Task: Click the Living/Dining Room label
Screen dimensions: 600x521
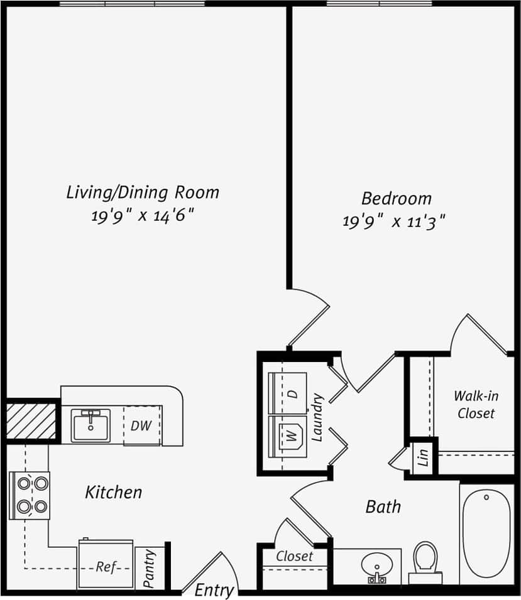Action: tap(143, 192)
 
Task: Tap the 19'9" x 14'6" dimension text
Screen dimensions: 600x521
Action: tap(142, 216)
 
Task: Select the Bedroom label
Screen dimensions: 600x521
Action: tap(396, 199)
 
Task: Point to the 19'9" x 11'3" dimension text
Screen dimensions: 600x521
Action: tap(394, 222)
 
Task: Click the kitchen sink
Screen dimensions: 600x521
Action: tap(90, 425)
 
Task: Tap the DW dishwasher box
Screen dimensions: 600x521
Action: tap(142, 426)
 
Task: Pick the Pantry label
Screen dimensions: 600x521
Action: tap(150, 569)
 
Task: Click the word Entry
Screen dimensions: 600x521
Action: tap(214, 590)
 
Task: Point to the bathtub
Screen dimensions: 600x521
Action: tap(486, 533)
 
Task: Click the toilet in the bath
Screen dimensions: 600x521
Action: tap(425, 560)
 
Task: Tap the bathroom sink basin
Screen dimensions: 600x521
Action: tap(377, 567)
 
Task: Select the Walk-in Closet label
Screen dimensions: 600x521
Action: tap(476, 405)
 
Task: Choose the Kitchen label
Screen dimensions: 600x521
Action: tap(114, 492)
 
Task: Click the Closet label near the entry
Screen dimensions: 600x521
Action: tap(294, 556)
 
